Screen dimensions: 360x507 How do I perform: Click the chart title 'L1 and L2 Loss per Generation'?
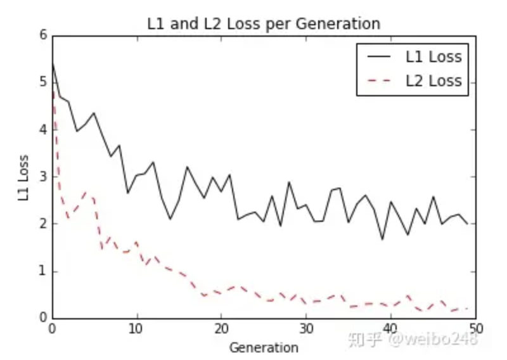[x=263, y=24]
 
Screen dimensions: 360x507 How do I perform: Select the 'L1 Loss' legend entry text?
[x=433, y=57]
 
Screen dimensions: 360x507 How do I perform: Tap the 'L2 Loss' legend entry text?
[x=433, y=81]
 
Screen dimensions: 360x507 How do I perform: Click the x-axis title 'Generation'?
[x=263, y=347]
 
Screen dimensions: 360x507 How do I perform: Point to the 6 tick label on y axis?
[x=43, y=35]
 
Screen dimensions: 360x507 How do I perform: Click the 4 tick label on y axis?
[x=43, y=130]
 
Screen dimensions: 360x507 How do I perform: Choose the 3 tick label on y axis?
[x=43, y=177]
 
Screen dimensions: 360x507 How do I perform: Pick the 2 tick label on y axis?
[x=43, y=224]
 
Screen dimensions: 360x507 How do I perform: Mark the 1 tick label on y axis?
[x=43, y=271]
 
